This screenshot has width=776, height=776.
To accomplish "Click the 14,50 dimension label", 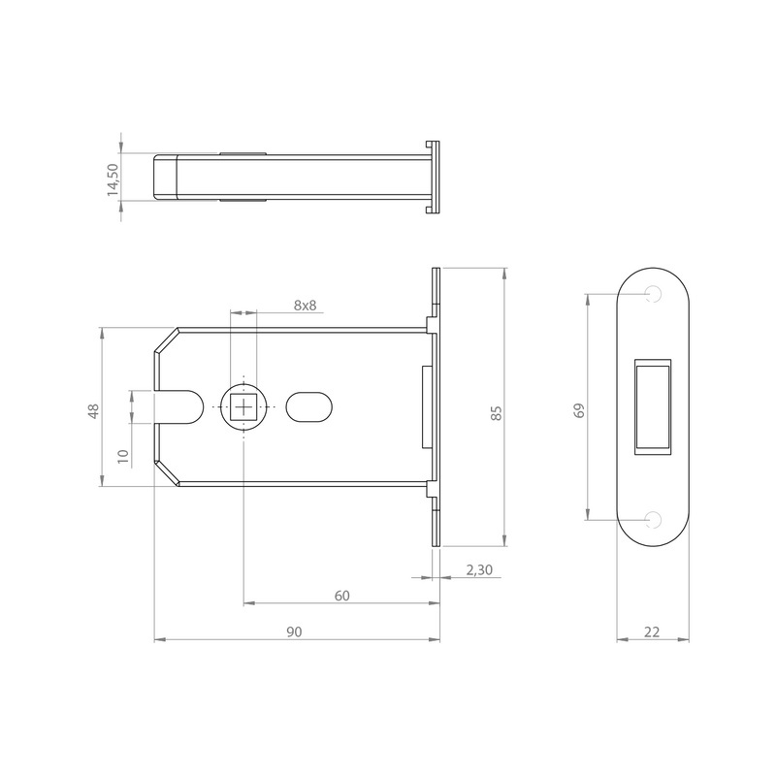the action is click(113, 179).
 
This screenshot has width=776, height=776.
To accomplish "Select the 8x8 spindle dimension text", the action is click(305, 306).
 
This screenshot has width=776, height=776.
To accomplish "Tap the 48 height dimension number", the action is click(93, 411).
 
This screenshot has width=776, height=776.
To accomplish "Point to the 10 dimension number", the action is click(123, 455).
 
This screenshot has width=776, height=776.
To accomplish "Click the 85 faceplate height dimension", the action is click(497, 413).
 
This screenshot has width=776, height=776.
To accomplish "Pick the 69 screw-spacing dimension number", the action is click(579, 410).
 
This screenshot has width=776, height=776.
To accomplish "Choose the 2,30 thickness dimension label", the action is click(479, 570).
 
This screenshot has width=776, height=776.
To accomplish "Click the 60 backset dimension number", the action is click(342, 596).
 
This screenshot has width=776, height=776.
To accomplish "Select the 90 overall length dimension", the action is click(294, 632).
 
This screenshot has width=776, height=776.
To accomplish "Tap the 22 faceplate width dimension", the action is click(652, 632).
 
